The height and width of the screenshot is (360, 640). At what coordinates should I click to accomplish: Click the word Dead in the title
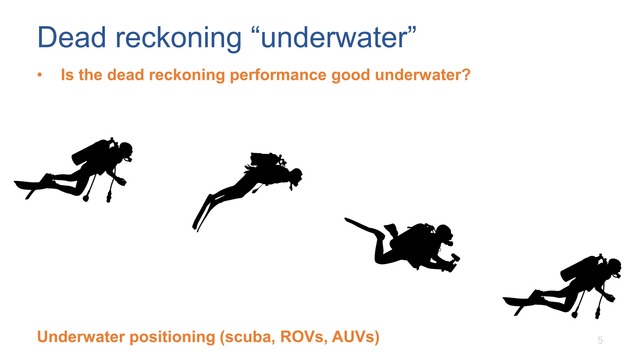click(72, 37)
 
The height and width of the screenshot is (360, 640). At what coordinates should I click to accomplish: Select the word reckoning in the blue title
click(178, 38)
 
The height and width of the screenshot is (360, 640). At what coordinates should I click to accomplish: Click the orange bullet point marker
click(39, 75)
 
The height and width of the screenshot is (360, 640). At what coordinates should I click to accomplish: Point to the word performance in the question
click(278, 75)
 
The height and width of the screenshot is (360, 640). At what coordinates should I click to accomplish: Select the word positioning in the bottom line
click(172, 337)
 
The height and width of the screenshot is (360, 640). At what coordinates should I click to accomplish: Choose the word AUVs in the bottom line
click(353, 337)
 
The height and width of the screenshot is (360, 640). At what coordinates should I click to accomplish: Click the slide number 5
click(600, 340)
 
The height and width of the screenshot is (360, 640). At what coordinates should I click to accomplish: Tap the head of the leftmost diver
click(126, 149)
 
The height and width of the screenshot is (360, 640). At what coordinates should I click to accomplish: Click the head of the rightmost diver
click(614, 266)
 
